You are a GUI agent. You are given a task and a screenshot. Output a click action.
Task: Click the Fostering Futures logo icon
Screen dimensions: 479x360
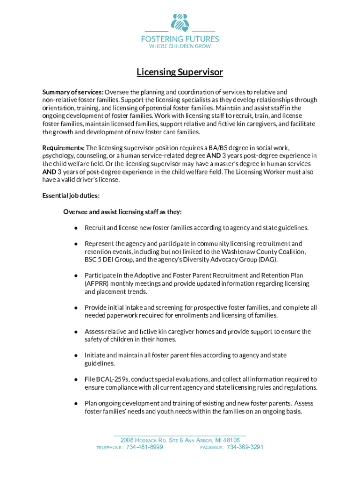coord(180,22)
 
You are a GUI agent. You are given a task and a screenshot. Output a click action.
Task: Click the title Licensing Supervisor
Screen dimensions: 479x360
coord(180,73)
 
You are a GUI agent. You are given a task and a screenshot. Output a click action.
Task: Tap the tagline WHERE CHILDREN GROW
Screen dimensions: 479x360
coord(180,46)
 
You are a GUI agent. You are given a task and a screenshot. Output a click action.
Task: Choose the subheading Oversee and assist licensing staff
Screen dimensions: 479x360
coord(122,212)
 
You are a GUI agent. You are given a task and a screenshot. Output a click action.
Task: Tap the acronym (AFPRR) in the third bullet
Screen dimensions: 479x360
coord(100,283)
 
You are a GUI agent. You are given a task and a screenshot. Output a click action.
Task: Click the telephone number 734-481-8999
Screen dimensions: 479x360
coord(145,447)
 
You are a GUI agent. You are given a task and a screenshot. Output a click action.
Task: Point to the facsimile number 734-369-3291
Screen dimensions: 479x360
coord(245,447)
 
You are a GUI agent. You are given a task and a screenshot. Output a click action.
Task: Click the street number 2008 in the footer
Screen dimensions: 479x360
coord(127,440)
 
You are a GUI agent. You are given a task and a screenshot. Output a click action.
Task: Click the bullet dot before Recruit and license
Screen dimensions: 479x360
coord(75,228)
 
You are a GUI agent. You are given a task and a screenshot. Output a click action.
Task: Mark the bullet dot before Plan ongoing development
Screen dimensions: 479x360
coord(75,404)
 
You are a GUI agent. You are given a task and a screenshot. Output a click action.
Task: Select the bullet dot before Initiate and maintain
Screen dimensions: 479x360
coord(75,356)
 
